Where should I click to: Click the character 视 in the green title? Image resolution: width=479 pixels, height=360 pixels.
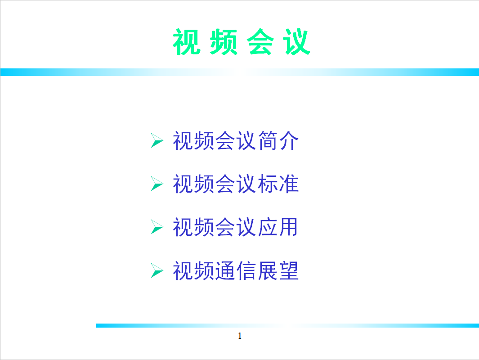pos(187,42)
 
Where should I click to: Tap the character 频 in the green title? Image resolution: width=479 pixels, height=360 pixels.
pos(224,42)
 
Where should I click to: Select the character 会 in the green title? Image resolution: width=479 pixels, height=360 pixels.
pos(260,42)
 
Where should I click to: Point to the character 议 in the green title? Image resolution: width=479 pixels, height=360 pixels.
pos(297,42)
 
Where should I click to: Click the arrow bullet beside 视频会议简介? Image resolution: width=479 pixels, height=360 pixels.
pos(157,140)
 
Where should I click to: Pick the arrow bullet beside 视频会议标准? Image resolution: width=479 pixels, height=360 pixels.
pos(157,184)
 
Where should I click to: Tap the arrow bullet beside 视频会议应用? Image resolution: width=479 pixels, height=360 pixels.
pos(157,227)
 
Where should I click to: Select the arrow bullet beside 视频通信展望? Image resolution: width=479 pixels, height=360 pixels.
pos(157,270)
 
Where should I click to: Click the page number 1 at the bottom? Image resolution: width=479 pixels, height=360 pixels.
pos(240,336)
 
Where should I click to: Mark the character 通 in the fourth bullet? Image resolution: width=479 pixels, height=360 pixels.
pos(225,270)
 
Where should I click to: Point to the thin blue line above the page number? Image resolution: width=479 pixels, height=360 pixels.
pos(287,325)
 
